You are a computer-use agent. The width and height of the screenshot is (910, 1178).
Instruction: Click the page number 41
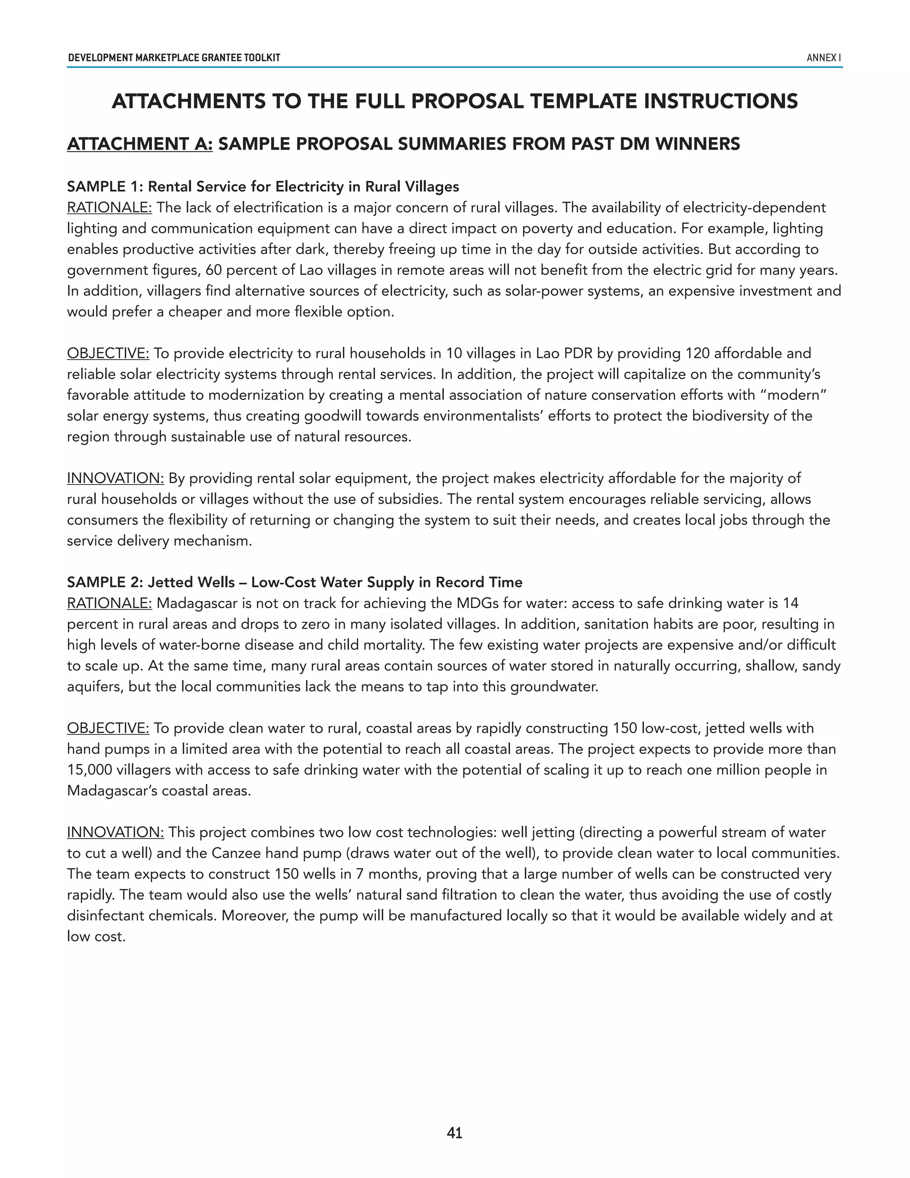[455, 1133]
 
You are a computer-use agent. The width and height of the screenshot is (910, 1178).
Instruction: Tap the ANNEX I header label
[823, 58]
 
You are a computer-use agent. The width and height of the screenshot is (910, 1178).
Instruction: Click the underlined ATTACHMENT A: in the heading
[140, 144]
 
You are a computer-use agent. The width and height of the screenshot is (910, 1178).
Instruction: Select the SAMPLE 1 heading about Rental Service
[263, 187]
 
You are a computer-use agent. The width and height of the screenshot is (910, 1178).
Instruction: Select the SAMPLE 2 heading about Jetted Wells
[294, 582]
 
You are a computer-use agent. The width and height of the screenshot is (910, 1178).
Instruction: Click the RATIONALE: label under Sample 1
[109, 208]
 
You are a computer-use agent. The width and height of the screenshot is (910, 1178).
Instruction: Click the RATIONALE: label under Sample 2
[109, 603]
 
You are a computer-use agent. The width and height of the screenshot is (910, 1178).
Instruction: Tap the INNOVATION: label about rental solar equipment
[116, 478]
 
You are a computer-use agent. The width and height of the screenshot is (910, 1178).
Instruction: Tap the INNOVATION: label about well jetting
[116, 832]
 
